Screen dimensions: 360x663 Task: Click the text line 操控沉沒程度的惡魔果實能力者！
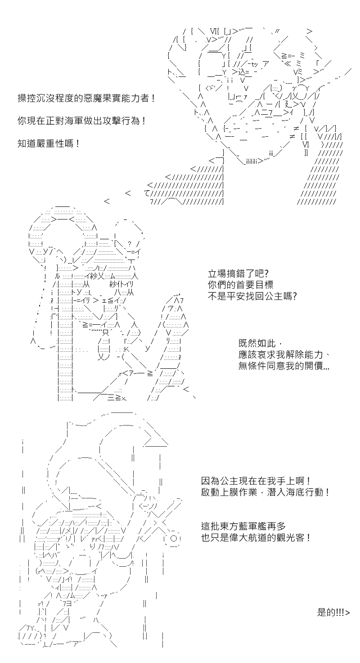click(86, 98)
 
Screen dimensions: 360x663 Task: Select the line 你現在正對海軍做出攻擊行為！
click(82, 121)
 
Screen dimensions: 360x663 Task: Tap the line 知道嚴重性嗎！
click(49, 144)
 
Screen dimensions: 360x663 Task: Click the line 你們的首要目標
click(240, 285)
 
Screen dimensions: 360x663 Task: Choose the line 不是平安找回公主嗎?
click(252, 296)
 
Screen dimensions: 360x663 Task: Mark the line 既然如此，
click(261, 343)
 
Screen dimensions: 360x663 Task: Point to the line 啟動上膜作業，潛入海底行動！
click(265, 493)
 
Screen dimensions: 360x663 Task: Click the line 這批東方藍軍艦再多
click(243, 526)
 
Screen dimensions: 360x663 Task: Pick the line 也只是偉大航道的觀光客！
click(256, 538)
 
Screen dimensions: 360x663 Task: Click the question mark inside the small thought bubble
click(130, 244)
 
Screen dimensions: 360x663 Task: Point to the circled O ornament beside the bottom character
click(175, 538)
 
